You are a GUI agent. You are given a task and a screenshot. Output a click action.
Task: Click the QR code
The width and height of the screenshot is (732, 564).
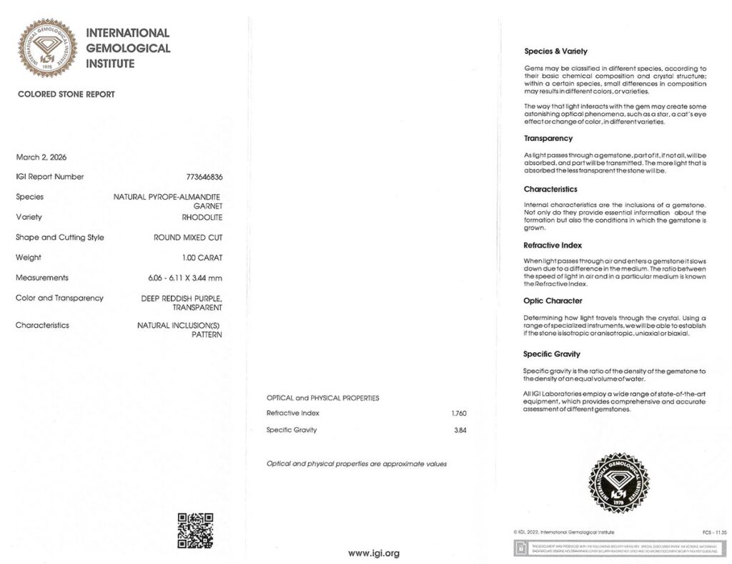tap(194, 530)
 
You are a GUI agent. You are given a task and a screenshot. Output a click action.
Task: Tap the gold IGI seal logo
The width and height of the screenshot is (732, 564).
tap(48, 48)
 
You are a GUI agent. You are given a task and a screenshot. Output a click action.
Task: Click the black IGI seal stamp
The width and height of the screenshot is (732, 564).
tap(618, 483)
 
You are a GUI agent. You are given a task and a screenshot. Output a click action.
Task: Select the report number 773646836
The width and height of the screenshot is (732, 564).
tap(204, 177)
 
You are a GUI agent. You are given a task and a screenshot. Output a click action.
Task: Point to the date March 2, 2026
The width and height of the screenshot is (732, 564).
tap(41, 157)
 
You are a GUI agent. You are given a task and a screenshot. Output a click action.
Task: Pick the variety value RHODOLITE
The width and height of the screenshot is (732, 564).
tap(202, 218)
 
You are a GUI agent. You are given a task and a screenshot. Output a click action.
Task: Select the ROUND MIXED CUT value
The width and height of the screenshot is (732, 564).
tap(188, 238)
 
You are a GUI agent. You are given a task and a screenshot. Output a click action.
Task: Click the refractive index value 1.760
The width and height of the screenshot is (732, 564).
tap(459, 413)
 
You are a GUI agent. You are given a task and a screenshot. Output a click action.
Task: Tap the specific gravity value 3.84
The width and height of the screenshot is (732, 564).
tap(460, 430)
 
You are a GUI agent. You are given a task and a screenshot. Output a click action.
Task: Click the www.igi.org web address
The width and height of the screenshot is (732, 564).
tap(373, 553)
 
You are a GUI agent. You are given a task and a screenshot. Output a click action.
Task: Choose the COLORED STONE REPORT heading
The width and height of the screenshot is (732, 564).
tap(66, 94)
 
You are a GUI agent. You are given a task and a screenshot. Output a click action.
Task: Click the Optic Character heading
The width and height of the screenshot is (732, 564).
tap(553, 301)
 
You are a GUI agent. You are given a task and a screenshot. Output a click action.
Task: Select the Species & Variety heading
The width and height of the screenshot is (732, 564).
tap(555, 52)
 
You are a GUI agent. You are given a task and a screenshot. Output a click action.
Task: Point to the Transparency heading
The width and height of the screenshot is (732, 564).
tap(548, 139)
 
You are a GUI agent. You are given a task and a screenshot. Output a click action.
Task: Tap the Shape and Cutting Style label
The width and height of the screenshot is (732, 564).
tap(59, 238)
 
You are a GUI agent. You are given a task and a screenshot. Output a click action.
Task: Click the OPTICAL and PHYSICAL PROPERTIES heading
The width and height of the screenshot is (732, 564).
tap(322, 398)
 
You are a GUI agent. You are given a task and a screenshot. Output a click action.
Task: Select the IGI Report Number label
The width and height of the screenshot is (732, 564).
tap(50, 177)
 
